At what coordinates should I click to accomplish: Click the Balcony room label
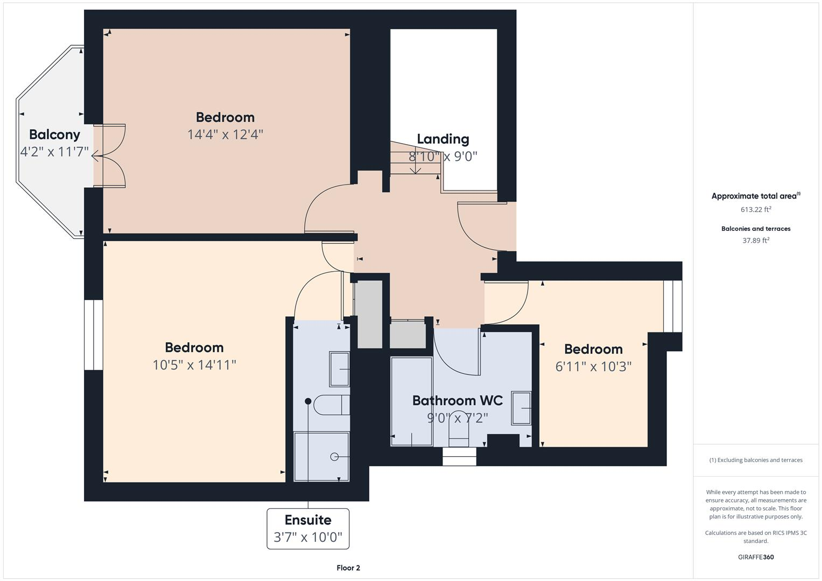click(x=54, y=134)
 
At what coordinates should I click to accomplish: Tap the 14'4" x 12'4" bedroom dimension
click(x=225, y=134)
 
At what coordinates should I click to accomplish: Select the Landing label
click(x=443, y=139)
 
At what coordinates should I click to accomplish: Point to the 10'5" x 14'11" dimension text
click(x=194, y=365)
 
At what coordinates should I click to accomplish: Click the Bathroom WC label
click(x=458, y=400)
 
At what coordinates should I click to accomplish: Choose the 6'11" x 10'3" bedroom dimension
click(x=593, y=366)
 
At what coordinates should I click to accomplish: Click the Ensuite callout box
click(x=308, y=528)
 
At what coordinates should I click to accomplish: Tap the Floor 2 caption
click(x=348, y=568)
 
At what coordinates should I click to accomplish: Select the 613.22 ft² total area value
click(x=756, y=209)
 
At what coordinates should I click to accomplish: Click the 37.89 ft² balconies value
click(x=756, y=240)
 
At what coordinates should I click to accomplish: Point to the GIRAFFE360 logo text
click(x=756, y=557)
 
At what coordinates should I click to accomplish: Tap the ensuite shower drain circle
click(x=334, y=457)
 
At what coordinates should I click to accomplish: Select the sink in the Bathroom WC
click(x=521, y=408)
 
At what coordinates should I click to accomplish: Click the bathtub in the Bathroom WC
click(x=411, y=401)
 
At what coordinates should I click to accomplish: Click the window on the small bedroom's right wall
click(x=672, y=306)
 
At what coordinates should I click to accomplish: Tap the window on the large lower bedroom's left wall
click(x=94, y=335)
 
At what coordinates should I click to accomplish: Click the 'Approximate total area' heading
click(x=756, y=196)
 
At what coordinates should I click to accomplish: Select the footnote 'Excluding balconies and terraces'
click(x=756, y=460)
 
